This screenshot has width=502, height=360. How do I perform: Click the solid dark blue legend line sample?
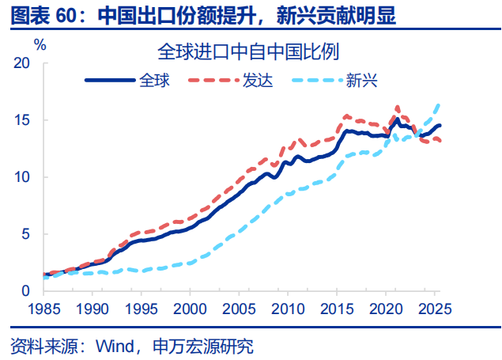click(110, 80)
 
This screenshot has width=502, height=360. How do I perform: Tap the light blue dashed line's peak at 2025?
click(438, 104)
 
